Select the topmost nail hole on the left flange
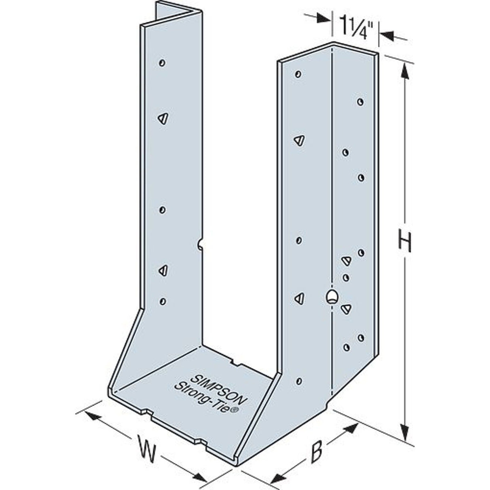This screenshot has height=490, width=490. click(x=162, y=63)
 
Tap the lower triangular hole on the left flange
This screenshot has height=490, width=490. click(x=163, y=269)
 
